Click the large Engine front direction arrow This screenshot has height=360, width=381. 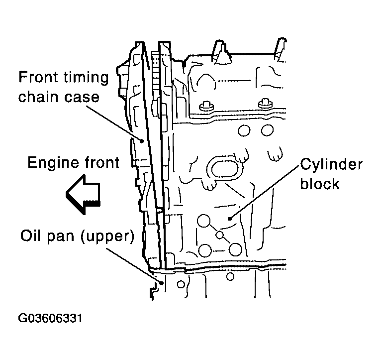click(x=83, y=194)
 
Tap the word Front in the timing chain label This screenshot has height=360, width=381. click(x=38, y=77)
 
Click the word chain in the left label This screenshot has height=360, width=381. click(x=38, y=96)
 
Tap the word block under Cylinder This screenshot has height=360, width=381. click(x=319, y=183)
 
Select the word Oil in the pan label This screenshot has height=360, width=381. click(x=31, y=235)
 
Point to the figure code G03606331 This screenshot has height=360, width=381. click(x=50, y=318)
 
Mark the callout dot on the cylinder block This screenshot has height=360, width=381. click(x=230, y=219)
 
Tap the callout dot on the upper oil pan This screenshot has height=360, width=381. click(x=162, y=283)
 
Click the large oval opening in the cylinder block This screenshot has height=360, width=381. click(x=224, y=168)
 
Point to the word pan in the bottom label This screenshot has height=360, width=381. click(x=61, y=237)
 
